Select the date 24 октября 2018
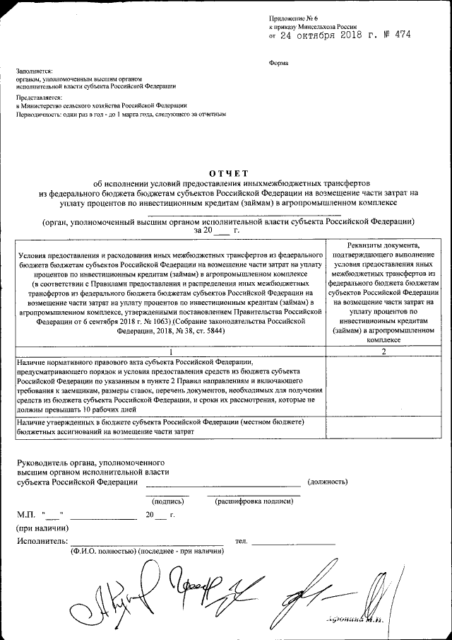[x=319, y=34]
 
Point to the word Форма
[x=278, y=62]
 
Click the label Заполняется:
[x=33, y=71]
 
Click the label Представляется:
[x=38, y=96]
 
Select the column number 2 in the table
[x=383, y=351]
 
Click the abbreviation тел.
[x=241, y=542]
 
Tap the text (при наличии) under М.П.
[x=42, y=528]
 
